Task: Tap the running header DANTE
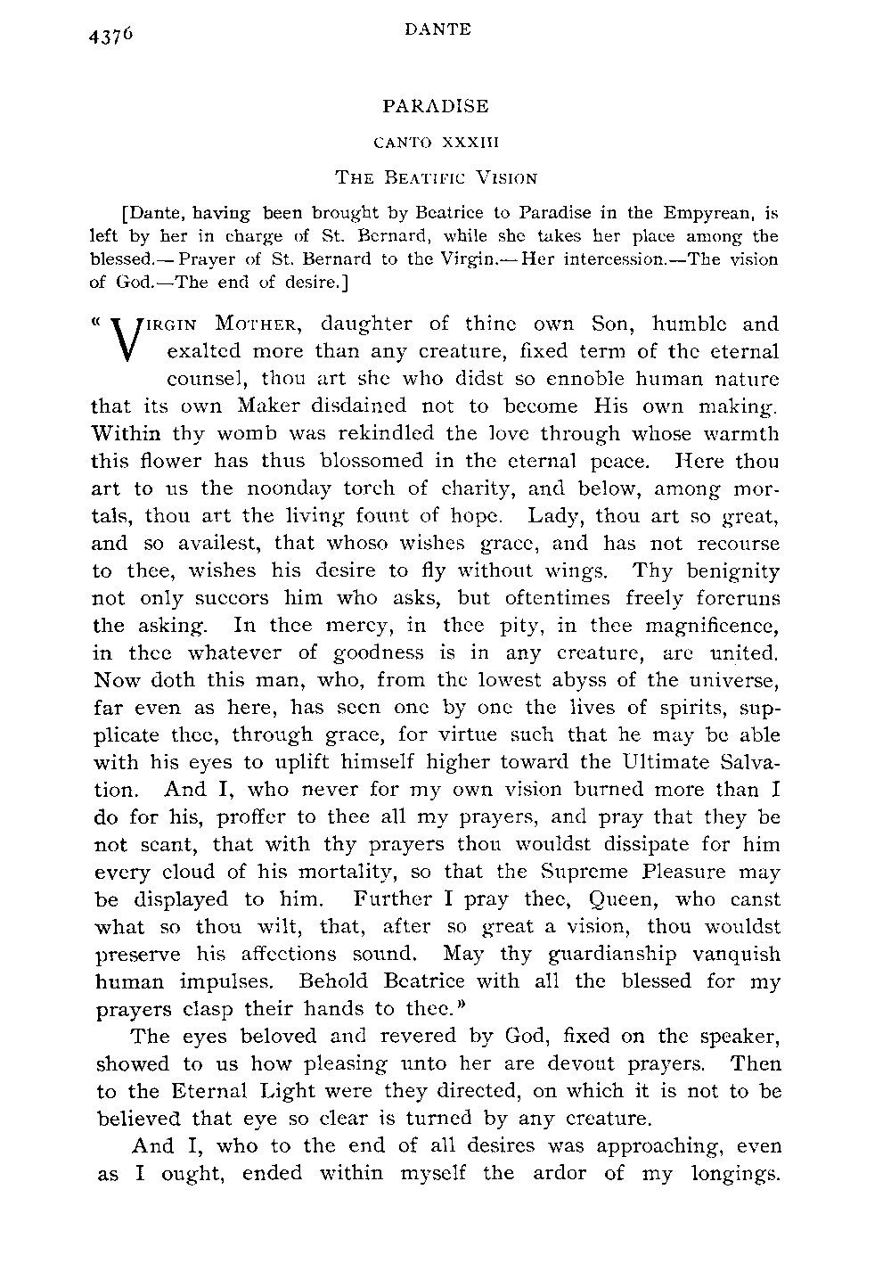tap(437, 29)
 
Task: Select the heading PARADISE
tap(436, 107)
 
